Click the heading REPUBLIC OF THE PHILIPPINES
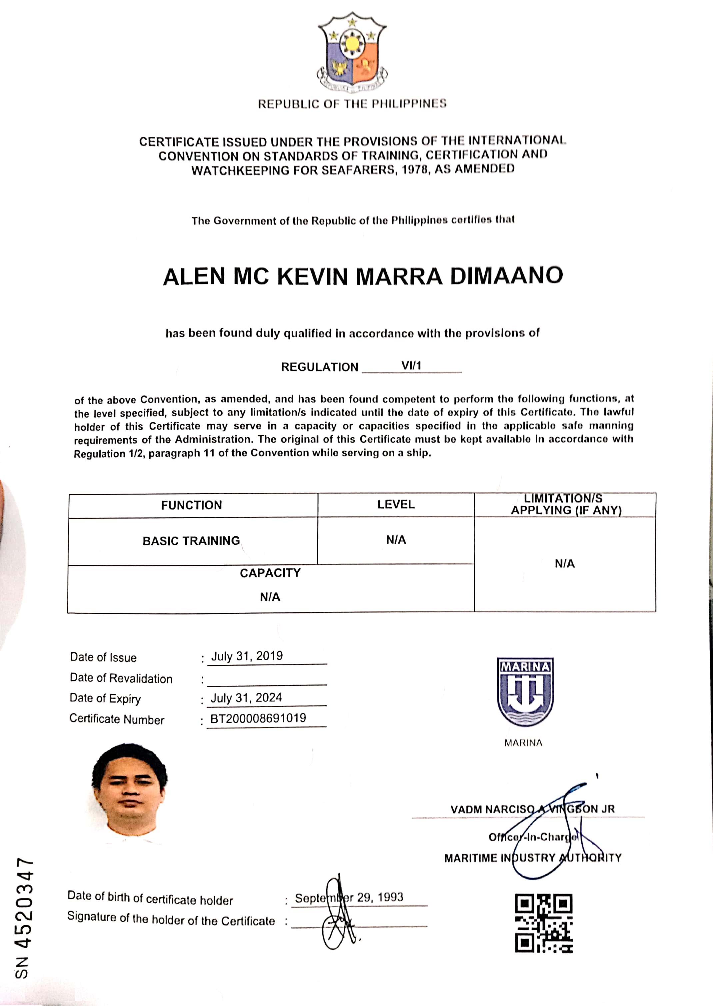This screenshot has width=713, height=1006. coord(352,104)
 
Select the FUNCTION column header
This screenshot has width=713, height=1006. coord(192,505)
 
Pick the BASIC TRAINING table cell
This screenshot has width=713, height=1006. coord(192,541)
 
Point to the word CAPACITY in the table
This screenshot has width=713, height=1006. coord(270,573)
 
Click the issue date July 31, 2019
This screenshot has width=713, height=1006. coord(247,656)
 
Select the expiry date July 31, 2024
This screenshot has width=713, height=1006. coord(246,697)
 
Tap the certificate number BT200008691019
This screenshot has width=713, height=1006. coord(258,718)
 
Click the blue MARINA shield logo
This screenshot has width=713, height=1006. coord(525,691)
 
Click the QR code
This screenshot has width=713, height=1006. coord(543,923)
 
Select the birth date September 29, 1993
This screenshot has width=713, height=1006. coord(349,898)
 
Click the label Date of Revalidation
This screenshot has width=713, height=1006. coord(121,678)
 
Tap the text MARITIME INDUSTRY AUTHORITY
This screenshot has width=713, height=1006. coord(532,858)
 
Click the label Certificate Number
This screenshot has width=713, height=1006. coord(117,719)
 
